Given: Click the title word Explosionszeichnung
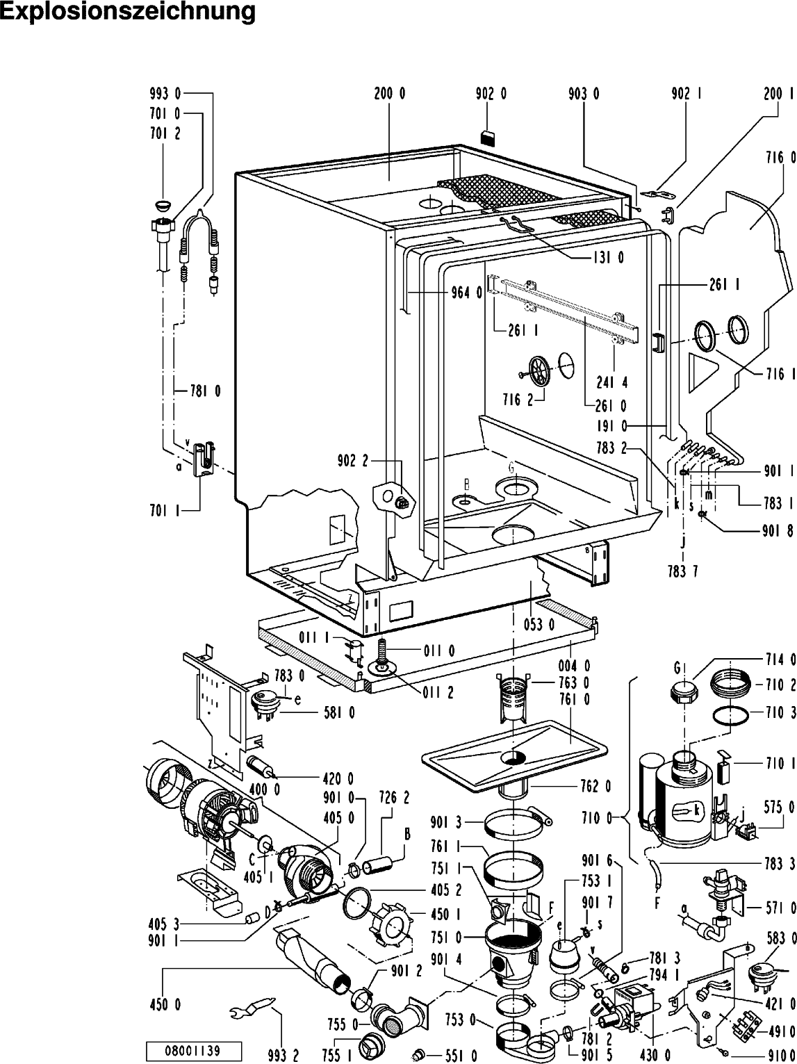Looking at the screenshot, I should [128, 13].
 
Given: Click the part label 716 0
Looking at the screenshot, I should [782, 159].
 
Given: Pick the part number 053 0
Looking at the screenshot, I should [539, 624].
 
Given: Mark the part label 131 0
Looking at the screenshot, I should [608, 258].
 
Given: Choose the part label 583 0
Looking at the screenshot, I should [782, 938].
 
